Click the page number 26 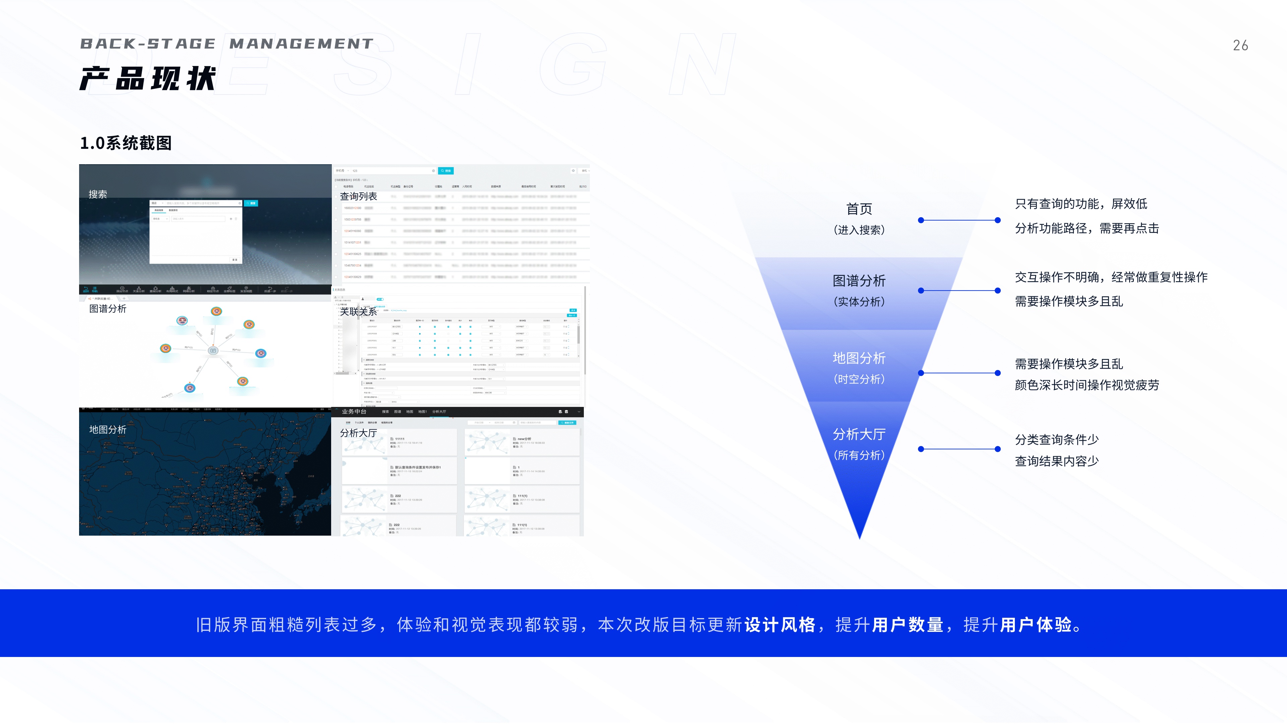[1240, 46]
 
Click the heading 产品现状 [148, 79]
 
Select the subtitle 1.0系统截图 [126, 143]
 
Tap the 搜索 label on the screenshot [98, 194]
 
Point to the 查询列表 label [358, 196]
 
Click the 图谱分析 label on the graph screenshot [107, 309]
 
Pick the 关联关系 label [358, 312]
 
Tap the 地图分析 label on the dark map [107, 430]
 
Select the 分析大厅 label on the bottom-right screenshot [358, 433]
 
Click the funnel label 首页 [859, 209]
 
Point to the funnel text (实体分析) [859, 302]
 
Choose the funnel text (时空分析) [859, 379]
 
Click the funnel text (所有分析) [859, 455]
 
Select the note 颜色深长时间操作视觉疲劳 [1087, 385]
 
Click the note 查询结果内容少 [1057, 461]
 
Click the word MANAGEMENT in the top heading [301, 44]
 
